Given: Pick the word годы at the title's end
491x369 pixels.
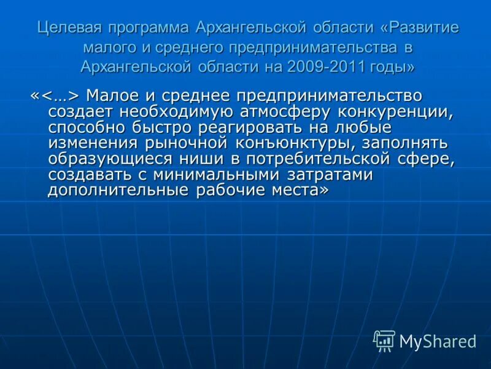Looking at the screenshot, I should tap(392, 66).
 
